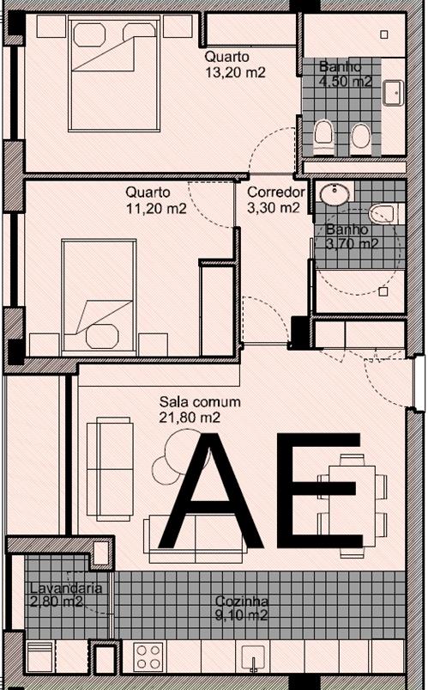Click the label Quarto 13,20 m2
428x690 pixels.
pyautogui.click(x=234, y=64)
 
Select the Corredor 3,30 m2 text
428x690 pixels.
pyautogui.click(x=274, y=199)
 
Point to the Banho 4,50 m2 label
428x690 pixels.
pyautogui.click(x=346, y=74)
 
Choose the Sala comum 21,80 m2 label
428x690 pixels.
pyautogui.click(x=200, y=409)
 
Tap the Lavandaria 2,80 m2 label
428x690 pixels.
pyautogui.click(x=55, y=595)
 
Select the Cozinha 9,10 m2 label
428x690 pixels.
pyautogui.click(x=242, y=608)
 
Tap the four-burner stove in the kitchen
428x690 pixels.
pyautogui.click(x=148, y=656)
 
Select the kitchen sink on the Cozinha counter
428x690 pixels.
pyautogui.click(x=254, y=658)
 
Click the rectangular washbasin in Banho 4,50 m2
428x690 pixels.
pyautogui.click(x=394, y=91)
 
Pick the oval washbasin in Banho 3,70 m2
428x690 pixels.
pyautogui.click(x=333, y=195)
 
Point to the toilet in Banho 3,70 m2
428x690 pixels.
pyautogui.click(x=380, y=212)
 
